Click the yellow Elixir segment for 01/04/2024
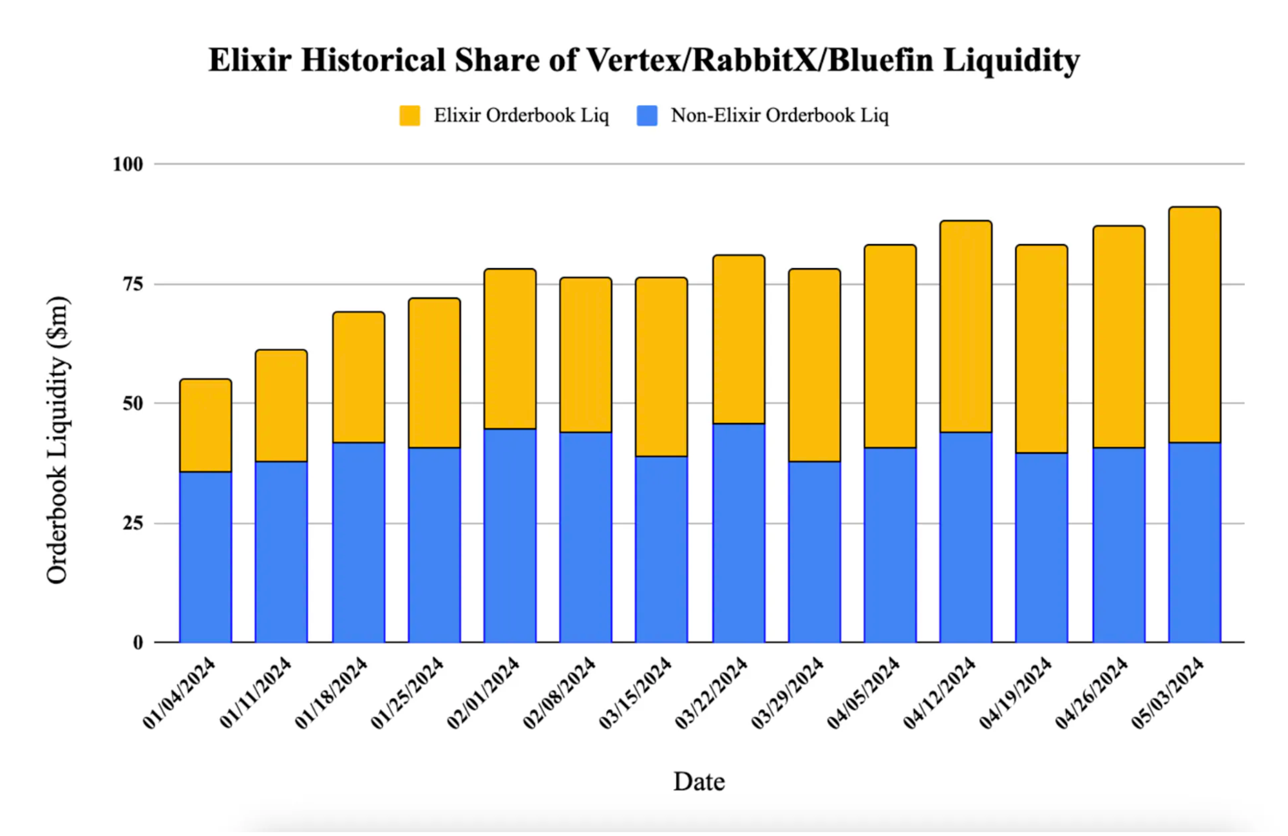[x=205, y=425]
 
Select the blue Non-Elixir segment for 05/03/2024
[x=1195, y=542]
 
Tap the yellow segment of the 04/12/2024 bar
[x=965, y=327]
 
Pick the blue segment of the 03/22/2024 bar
[x=739, y=533]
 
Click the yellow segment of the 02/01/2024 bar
[x=510, y=348]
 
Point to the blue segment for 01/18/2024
[x=359, y=542]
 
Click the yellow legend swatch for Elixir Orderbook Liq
[x=410, y=116]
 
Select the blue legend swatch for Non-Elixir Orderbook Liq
[x=647, y=116]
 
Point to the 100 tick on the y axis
[x=128, y=164]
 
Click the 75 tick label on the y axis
[x=132, y=284]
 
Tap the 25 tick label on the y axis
[x=132, y=523]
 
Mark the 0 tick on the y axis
[x=138, y=642]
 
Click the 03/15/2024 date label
[x=635, y=693]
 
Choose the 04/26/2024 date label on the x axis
[x=1092, y=693]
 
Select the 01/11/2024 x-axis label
[x=256, y=693]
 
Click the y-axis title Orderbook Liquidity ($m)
[x=57, y=440]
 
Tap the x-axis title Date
[x=699, y=781]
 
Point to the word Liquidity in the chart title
[x=1011, y=61]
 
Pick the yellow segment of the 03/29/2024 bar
[x=814, y=365]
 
